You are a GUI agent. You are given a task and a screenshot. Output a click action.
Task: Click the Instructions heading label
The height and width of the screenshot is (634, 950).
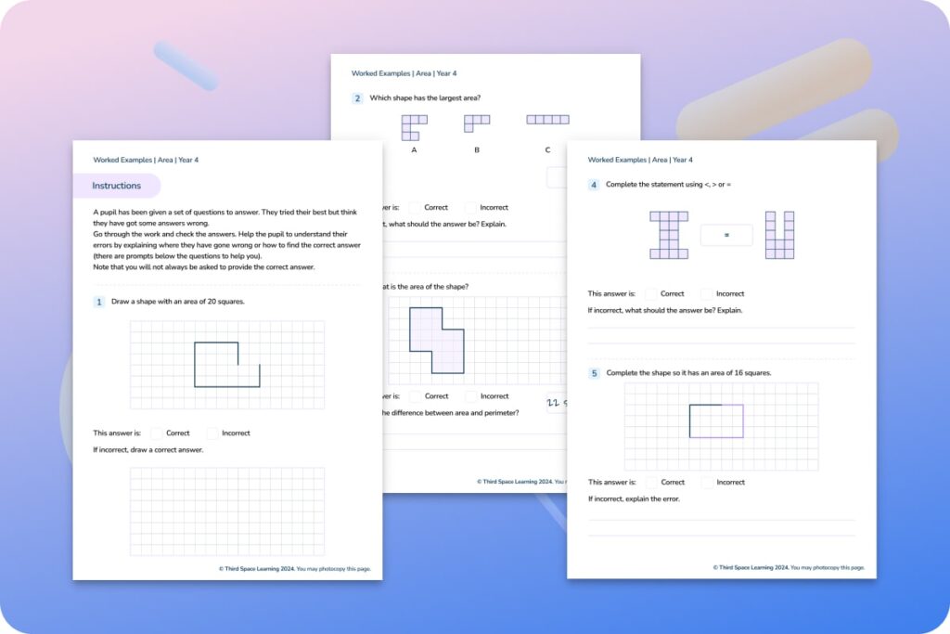[x=117, y=186]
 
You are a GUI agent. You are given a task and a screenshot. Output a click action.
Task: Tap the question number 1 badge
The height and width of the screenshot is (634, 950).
[x=98, y=302]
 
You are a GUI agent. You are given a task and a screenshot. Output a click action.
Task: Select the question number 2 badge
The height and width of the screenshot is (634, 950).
[x=357, y=97]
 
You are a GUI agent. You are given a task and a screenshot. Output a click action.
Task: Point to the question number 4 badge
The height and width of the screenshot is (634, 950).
[x=594, y=185]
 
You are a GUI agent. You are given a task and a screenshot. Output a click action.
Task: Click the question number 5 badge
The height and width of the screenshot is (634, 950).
[x=594, y=373]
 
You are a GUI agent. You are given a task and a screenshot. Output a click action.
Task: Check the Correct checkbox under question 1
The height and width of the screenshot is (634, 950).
[x=157, y=433]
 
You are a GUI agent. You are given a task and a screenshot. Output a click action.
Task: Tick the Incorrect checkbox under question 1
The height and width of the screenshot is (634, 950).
[x=212, y=433]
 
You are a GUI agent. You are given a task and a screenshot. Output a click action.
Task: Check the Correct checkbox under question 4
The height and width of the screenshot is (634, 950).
[x=651, y=293]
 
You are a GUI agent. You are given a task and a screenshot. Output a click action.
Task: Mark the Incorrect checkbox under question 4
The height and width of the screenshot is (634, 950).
[x=707, y=293]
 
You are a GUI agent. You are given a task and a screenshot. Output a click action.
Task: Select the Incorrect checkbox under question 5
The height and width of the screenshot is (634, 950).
[x=707, y=482]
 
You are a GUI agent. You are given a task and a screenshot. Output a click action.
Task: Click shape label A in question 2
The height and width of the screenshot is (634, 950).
[x=414, y=150]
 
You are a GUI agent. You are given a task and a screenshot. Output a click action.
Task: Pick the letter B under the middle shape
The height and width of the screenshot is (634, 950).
[x=477, y=150]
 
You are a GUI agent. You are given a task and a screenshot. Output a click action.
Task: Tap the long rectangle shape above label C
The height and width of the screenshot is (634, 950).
[x=547, y=120]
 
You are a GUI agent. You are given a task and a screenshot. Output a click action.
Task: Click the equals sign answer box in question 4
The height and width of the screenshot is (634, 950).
[x=726, y=236]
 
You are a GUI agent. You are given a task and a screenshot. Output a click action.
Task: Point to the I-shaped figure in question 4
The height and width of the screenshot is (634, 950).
[x=669, y=235]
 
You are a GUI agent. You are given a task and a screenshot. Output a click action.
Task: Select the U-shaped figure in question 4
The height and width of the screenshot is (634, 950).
[x=779, y=235]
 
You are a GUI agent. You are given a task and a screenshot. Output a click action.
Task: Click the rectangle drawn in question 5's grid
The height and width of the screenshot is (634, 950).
[x=716, y=421]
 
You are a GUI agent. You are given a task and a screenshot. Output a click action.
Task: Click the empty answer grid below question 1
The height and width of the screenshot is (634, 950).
[x=227, y=511]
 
